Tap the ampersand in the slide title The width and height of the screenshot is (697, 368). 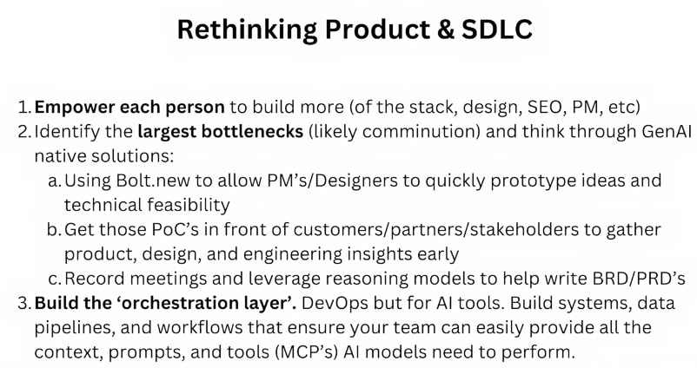[446, 30]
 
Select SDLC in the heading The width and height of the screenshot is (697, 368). [497, 30]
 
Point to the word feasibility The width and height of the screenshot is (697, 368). [189, 206]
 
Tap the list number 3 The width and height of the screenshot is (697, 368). [23, 303]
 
